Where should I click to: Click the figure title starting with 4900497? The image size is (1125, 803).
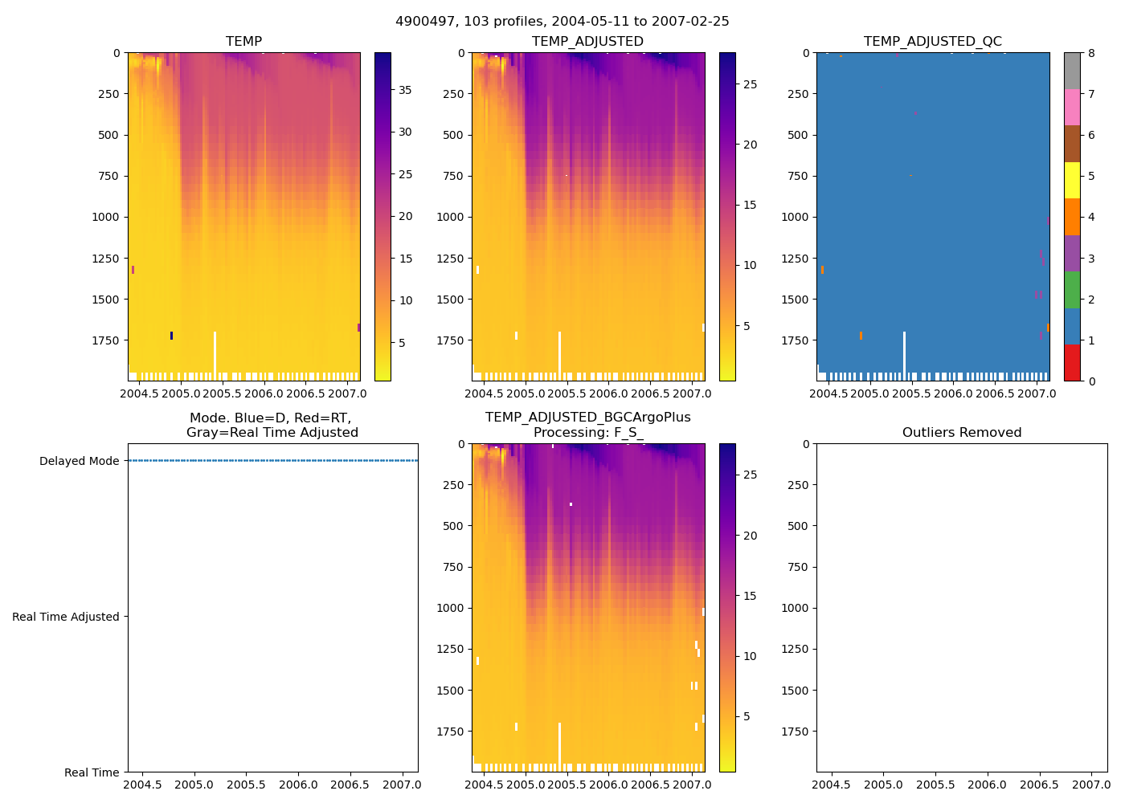(x=562, y=22)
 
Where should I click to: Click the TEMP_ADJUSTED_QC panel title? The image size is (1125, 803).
(x=932, y=42)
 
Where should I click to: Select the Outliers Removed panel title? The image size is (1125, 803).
(x=961, y=433)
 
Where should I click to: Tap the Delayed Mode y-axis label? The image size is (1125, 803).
(x=79, y=461)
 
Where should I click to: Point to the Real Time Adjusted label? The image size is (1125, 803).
(x=65, y=617)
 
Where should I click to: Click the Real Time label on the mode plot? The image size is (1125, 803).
(x=92, y=772)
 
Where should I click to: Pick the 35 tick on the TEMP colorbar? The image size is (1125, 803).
(x=406, y=90)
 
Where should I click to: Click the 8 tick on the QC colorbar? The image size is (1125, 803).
(x=1091, y=53)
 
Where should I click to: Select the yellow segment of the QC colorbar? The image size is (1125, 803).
(x=1072, y=180)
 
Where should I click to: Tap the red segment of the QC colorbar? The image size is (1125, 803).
(x=1072, y=362)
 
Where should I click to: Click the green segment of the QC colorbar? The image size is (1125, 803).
(x=1072, y=290)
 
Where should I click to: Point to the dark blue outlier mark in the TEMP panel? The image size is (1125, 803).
(x=171, y=336)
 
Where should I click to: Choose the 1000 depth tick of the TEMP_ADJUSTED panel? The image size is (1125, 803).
(x=451, y=217)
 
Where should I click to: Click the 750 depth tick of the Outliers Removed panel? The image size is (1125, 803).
(x=795, y=567)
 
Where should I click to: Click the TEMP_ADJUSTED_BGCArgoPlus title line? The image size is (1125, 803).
(x=587, y=418)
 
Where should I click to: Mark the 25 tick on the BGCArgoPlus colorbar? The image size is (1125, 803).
(x=750, y=475)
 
